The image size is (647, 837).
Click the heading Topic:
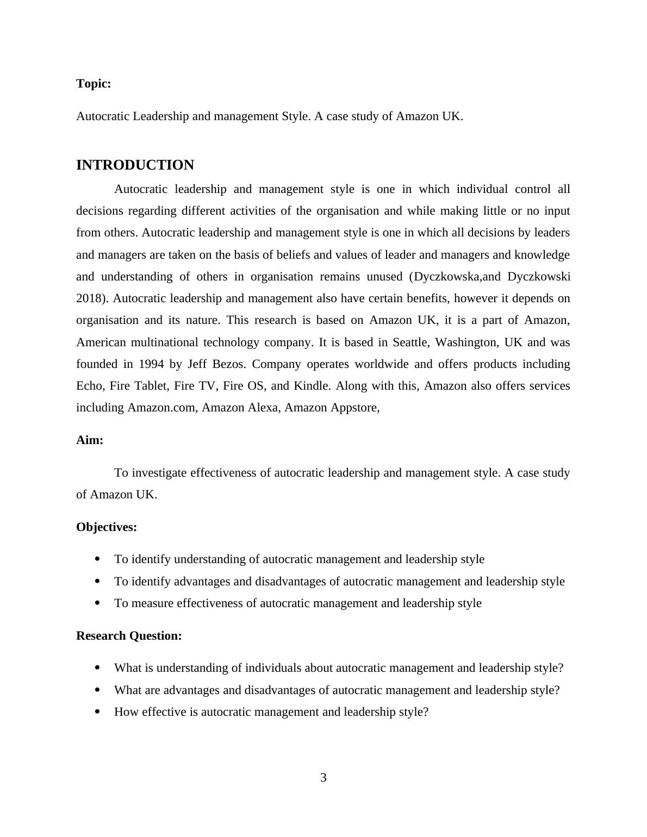click(94, 84)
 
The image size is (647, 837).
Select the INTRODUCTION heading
click(135, 165)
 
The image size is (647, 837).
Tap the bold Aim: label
click(90, 440)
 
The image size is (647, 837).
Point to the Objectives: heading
click(107, 527)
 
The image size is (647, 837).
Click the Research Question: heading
click(129, 636)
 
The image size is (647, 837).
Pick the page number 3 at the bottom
click(323, 778)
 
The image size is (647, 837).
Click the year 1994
click(152, 364)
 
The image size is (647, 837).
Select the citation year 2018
click(91, 298)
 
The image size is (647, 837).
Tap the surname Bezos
click(227, 364)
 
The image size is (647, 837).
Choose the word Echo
click(89, 386)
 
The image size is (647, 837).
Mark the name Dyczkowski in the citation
click(539, 277)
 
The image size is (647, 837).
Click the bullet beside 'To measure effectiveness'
click(97, 603)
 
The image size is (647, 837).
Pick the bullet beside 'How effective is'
click(97, 712)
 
